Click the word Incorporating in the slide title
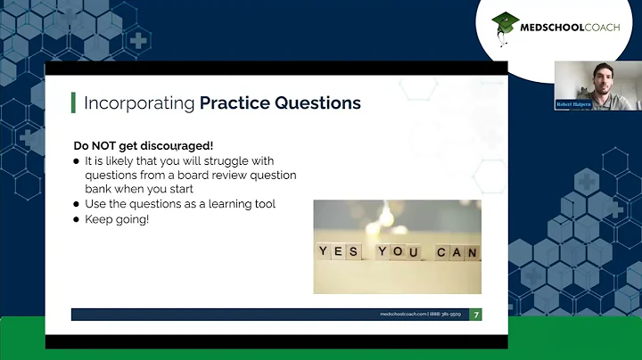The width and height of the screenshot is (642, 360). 138,103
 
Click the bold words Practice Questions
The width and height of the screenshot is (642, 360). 280,103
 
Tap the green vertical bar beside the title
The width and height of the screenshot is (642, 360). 73,102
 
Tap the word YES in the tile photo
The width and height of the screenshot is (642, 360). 340,252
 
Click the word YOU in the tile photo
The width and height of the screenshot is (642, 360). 397,252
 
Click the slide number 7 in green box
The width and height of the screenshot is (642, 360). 476,315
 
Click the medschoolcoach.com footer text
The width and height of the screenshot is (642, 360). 403,315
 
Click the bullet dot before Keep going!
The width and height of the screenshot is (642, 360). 78,218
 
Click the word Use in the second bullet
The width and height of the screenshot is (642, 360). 95,204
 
